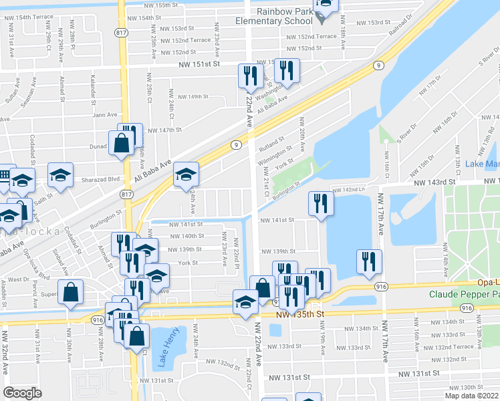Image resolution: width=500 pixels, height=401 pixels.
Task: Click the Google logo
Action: pyautogui.click(x=22, y=393)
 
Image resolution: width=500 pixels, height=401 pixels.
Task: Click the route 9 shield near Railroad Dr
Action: pyautogui.click(x=378, y=65)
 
